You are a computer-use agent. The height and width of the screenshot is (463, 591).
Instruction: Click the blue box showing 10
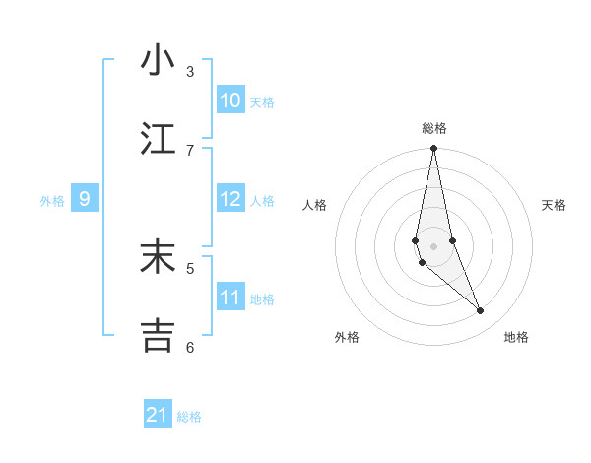pos(230,99)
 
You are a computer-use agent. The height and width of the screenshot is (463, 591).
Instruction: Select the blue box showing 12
pos(230,199)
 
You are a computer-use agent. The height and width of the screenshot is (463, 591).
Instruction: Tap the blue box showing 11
pos(230,298)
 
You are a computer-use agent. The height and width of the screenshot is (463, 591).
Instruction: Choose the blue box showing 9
pos(85,199)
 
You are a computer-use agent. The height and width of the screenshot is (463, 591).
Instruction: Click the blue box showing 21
pos(158,415)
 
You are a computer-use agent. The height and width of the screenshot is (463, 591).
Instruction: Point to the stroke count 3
pos(190,71)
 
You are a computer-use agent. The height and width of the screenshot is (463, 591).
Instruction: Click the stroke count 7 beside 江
pos(190,150)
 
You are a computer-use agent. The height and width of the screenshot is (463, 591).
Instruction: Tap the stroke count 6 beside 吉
pos(190,347)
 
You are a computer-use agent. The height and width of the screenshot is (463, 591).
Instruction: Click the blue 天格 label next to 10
pos(262,101)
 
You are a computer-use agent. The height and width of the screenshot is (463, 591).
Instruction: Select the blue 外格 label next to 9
pos(52,201)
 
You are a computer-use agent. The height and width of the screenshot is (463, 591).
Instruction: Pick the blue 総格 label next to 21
pos(189,417)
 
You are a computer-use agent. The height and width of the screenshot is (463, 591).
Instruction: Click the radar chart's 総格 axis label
pos(434,128)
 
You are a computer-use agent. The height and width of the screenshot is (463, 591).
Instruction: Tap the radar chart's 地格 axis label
pos(516,337)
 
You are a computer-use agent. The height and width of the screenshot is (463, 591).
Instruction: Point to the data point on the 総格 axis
pos(433,149)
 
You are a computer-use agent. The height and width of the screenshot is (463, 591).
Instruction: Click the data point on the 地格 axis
pos(481,311)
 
